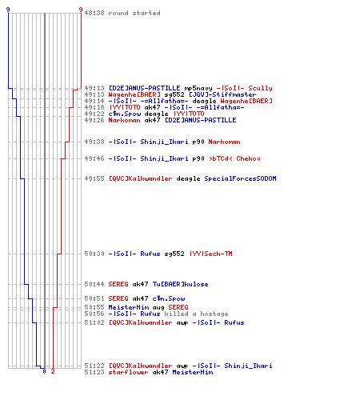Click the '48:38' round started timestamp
point(94,13)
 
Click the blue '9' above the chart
point(8,10)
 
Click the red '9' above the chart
point(81,10)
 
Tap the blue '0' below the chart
point(44,371)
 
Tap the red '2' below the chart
point(53,371)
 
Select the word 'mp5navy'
point(198,88)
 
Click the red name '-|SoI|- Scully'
point(244,88)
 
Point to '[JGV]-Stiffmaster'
point(222,94)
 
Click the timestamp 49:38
point(94,142)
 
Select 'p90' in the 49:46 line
point(198,158)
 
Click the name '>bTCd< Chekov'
point(234,158)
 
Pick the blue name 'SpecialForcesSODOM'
point(240,178)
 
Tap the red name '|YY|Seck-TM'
point(210,254)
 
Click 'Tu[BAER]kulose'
point(180,284)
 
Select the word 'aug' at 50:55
point(158,307)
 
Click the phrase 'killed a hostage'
point(196,314)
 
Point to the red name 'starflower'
point(128,372)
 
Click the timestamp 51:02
point(94,322)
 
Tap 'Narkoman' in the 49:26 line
point(124,120)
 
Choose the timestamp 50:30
point(94,254)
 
